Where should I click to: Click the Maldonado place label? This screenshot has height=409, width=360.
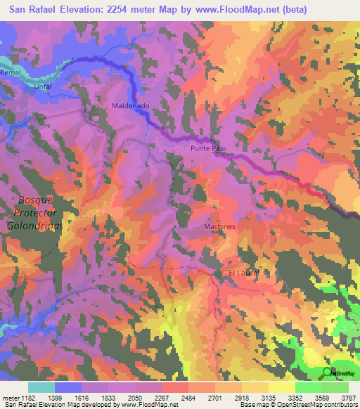[x=130, y=105]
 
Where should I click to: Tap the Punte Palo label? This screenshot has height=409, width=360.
[x=208, y=149]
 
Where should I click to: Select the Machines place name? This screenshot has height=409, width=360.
[x=219, y=227]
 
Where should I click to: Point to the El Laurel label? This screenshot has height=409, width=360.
[x=244, y=273]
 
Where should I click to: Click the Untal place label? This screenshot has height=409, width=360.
[x=44, y=86]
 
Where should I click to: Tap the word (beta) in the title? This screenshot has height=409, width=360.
[x=295, y=10]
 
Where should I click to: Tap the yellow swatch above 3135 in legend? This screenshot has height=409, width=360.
[x=281, y=387]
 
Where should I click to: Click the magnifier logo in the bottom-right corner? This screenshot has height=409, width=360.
[x=326, y=372]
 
